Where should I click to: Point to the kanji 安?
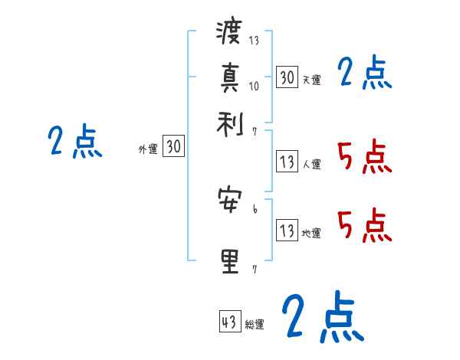point(229,201)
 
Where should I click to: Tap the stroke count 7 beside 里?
point(255,268)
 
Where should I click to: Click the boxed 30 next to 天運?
point(287,77)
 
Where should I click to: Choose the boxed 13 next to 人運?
point(287,162)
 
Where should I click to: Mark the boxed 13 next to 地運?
point(287,231)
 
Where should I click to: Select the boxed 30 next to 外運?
point(174,147)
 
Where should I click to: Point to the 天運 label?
point(311,80)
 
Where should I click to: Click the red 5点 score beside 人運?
point(364,156)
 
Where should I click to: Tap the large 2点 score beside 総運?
point(322,316)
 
